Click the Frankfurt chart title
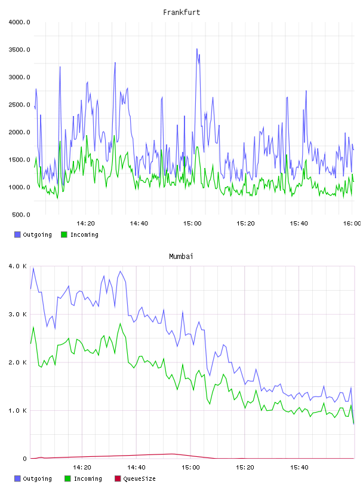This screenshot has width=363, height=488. [181, 13]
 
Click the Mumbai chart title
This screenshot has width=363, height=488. [181, 257]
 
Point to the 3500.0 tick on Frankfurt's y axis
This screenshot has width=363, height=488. [19, 50]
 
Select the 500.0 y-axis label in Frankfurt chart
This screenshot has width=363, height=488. [21, 215]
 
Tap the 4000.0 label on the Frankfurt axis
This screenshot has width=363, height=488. [19, 22]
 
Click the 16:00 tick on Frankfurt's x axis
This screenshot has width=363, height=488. [352, 224]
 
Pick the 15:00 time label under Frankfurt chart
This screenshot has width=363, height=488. [192, 224]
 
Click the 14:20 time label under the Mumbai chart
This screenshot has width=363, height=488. [82, 468]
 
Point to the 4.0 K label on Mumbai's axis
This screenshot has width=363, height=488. [18, 266]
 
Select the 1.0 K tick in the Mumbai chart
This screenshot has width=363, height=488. [18, 410]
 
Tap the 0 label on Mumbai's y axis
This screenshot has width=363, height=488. [25, 459]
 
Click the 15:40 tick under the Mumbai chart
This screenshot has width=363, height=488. [299, 468]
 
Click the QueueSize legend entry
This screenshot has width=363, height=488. [135, 478]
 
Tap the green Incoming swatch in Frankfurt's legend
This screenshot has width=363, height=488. [64, 234]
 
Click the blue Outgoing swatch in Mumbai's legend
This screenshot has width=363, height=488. [17, 478]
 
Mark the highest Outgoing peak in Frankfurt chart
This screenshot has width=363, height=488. [197, 49]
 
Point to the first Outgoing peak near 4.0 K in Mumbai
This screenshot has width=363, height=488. [33, 268]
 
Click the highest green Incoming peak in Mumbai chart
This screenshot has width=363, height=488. [120, 324]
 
